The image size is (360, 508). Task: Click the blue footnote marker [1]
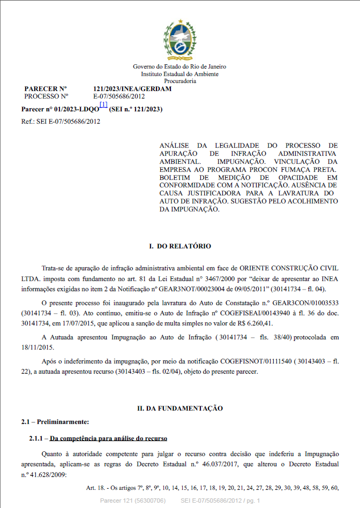103,105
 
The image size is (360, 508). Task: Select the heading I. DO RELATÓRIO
179,246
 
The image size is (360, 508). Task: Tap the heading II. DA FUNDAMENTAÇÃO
179,408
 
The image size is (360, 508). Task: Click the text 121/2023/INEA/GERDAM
132,89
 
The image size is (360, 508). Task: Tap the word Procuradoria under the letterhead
180,81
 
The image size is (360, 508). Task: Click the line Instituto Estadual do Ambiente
180,74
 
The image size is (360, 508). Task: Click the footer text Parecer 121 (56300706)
132,501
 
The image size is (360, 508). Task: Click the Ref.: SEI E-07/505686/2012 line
60,122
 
